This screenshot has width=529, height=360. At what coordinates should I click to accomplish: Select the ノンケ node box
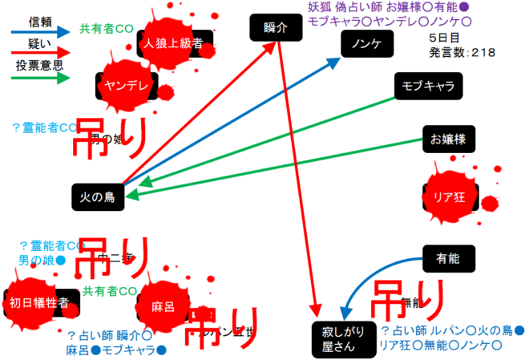click(366, 46)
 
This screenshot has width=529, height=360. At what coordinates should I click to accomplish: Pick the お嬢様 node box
click(447, 140)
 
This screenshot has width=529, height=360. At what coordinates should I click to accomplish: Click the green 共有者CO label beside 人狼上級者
click(107, 29)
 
